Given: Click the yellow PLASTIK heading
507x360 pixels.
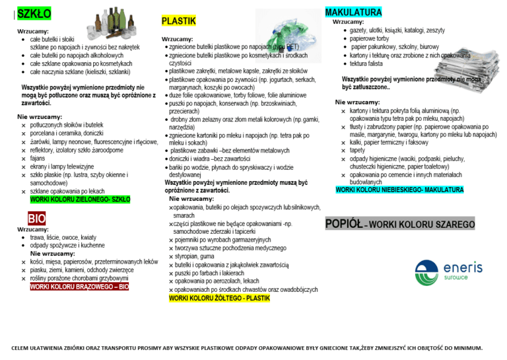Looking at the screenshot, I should (x=179, y=21).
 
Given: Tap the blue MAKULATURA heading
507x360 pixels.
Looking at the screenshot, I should (x=353, y=13).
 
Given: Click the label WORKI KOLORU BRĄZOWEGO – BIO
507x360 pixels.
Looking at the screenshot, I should (x=79, y=287).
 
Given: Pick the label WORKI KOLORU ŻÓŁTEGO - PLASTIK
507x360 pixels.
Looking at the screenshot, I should (x=219, y=299).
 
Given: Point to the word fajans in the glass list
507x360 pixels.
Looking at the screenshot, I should (x=38, y=158).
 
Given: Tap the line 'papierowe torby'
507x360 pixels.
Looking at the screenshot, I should (x=370, y=39).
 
